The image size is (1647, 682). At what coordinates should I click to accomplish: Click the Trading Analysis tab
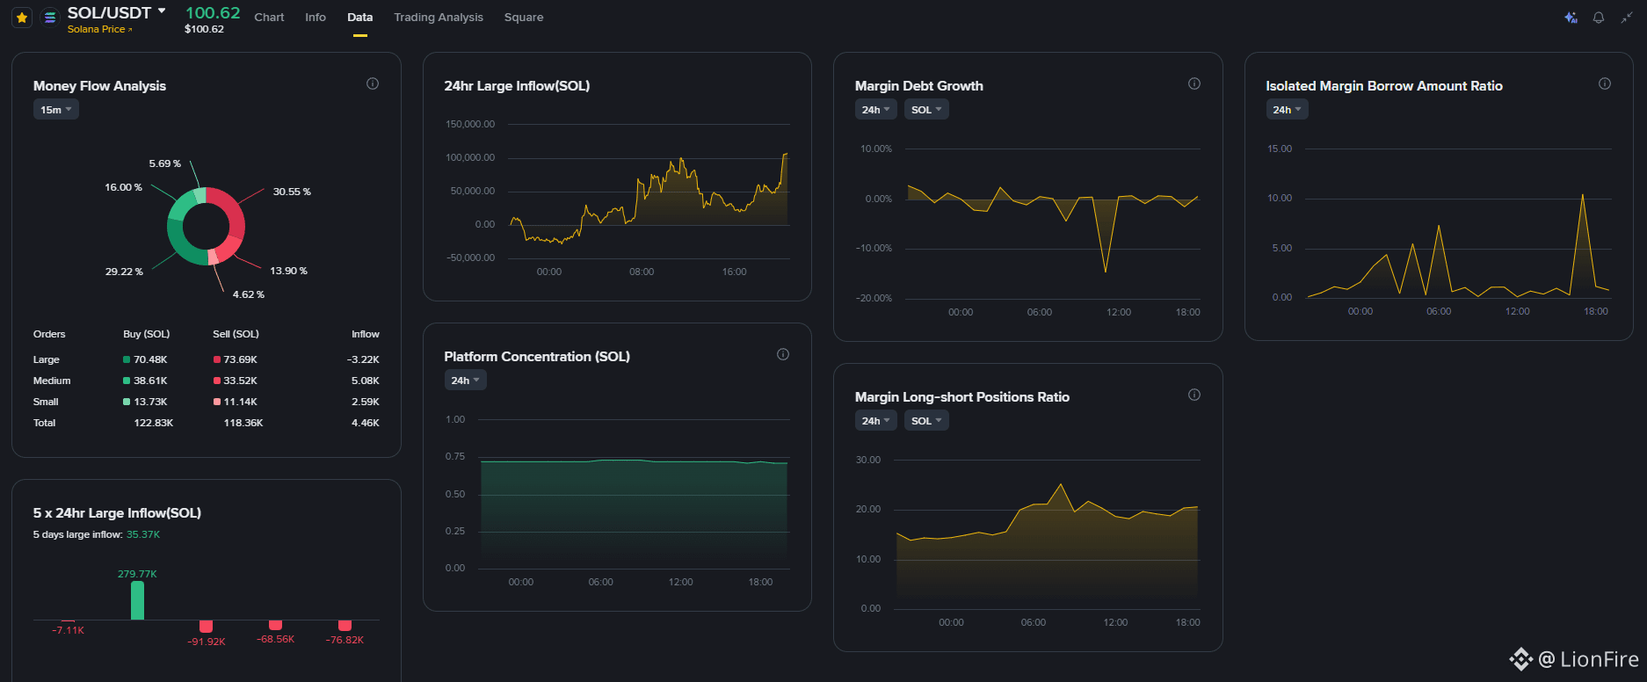coord(439,17)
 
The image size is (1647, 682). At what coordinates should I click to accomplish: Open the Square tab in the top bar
coord(524,17)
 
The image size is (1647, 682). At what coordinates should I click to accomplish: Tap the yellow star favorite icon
coord(22,17)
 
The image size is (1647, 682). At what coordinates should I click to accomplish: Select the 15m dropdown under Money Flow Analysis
coord(56,110)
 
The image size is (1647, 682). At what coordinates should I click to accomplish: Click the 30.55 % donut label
coord(292,192)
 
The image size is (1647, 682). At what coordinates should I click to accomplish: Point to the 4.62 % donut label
coord(249,294)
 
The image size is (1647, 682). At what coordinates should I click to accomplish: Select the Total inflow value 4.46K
coord(366,423)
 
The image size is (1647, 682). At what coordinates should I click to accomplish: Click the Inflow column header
coord(366,334)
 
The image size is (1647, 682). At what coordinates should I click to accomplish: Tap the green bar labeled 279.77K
coord(137,600)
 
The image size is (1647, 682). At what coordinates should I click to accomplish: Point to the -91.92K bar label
coord(207,642)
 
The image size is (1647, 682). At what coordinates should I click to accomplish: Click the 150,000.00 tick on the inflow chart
coord(470,124)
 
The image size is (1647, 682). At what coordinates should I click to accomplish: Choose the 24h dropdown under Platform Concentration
coord(466,381)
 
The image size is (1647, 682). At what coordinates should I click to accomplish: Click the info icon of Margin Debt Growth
coord(1194,83)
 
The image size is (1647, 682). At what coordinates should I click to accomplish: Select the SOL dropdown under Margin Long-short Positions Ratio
coord(926,421)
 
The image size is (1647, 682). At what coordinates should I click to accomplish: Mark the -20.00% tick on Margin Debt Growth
coord(874,298)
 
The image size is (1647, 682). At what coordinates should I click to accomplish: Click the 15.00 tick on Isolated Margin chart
coord(1280,149)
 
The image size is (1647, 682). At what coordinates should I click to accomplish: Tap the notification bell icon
coord(1599,18)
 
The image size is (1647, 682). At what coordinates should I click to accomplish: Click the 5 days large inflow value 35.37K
coord(143,534)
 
